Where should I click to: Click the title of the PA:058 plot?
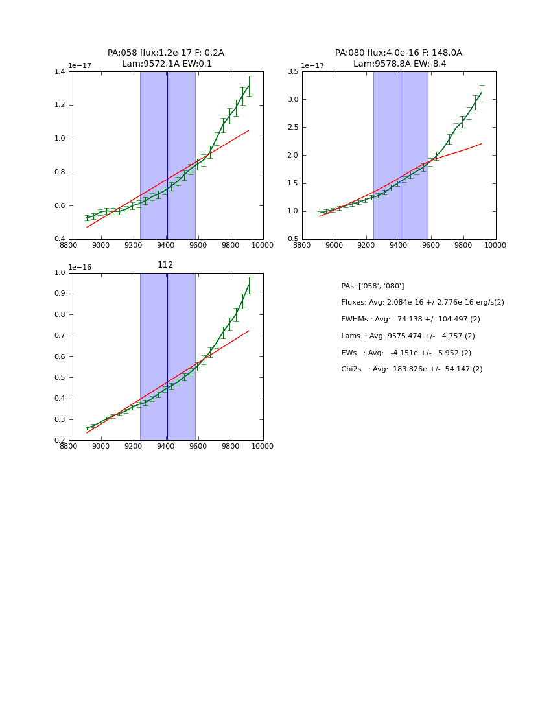166,58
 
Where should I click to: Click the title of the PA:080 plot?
399,58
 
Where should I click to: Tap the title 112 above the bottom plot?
165,265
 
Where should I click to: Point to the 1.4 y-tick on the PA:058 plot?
59,71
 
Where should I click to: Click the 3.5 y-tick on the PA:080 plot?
292,71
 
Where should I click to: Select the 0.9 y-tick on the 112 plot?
59,294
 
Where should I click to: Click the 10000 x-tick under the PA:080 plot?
495,246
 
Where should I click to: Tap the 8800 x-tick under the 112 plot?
69,447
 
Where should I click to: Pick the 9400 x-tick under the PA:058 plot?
166,246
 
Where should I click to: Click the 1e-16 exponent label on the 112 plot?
80,267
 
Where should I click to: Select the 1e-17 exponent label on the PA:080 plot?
313,65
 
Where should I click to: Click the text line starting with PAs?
373,286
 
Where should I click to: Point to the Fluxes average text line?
422,303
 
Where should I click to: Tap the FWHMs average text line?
410,320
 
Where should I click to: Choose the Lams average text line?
408,336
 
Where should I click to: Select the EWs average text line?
406,353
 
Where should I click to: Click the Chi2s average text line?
412,369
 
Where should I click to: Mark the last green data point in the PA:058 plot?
248,85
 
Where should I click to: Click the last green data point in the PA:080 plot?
482,92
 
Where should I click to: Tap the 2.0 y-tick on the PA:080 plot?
292,155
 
